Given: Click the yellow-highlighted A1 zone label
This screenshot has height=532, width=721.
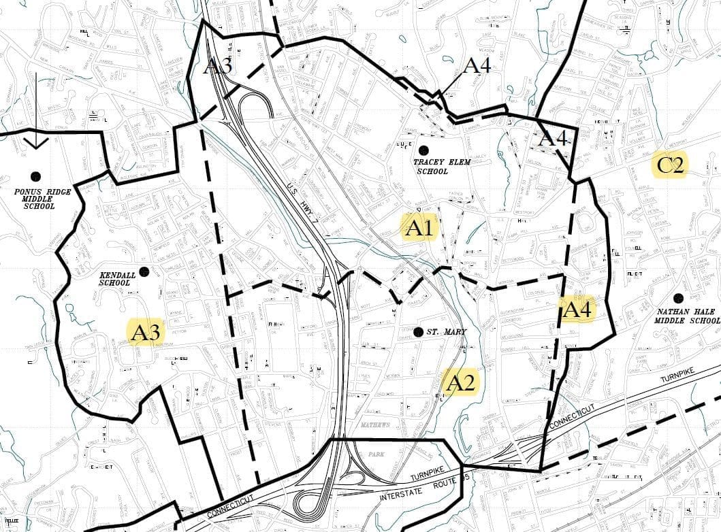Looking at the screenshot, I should (x=419, y=229).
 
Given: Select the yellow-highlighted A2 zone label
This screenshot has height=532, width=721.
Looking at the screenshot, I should (x=460, y=382).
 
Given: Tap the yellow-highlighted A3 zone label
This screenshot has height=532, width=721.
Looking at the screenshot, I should (x=146, y=333).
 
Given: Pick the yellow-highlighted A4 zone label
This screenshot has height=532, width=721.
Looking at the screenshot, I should (x=579, y=310).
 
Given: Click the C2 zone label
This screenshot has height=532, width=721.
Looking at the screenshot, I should (x=670, y=165).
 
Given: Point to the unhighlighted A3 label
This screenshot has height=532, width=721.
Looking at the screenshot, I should (x=218, y=66).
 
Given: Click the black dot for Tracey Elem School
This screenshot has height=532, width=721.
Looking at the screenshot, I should (x=423, y=150).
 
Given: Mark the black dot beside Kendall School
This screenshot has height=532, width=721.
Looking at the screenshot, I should (x=144, y=271).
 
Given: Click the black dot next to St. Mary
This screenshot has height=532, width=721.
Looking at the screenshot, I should (x=417, y=332).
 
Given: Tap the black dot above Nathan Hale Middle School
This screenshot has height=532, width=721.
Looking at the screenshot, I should (x=678, y=298).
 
